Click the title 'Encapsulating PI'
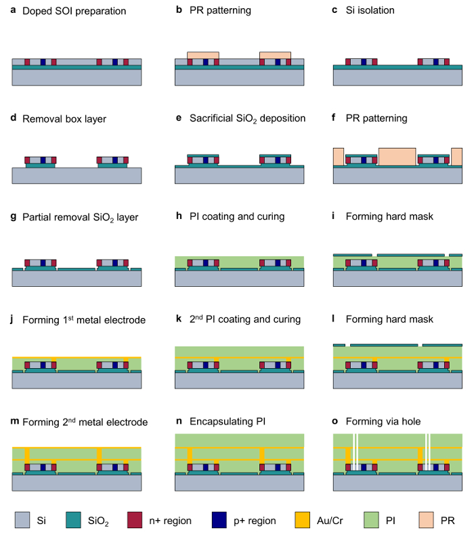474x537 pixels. point(228,421)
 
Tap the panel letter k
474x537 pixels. point(178,319)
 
